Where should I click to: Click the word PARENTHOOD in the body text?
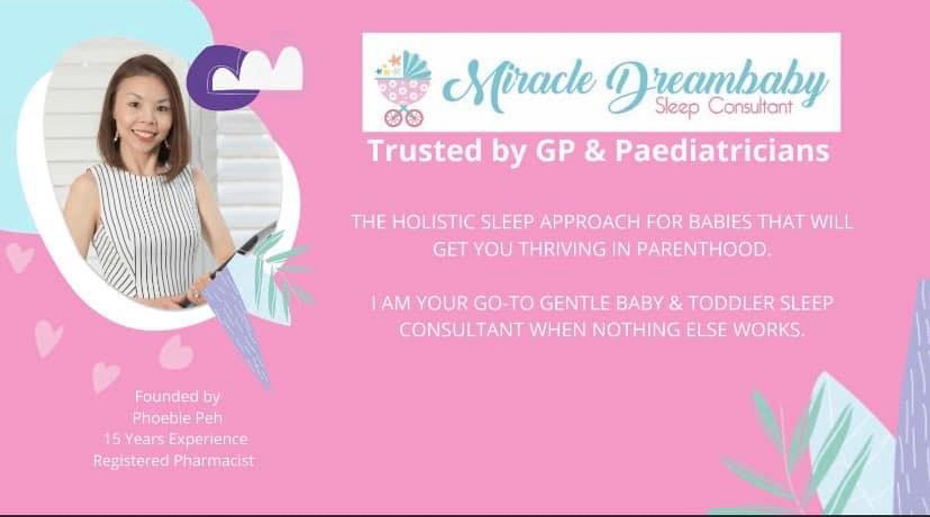pyautogui.click(x=703, y=249)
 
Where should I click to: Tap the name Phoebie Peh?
pyautogui.click(x=177, y=418)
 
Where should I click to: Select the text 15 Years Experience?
pyautogui.click(x=176, y=439)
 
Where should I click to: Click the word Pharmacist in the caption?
pyautogui.click(x=213, y=461)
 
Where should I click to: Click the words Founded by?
pyautogui.click(x=177, y=397)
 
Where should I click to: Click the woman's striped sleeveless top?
pyautogui.click(x=145, y=233)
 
